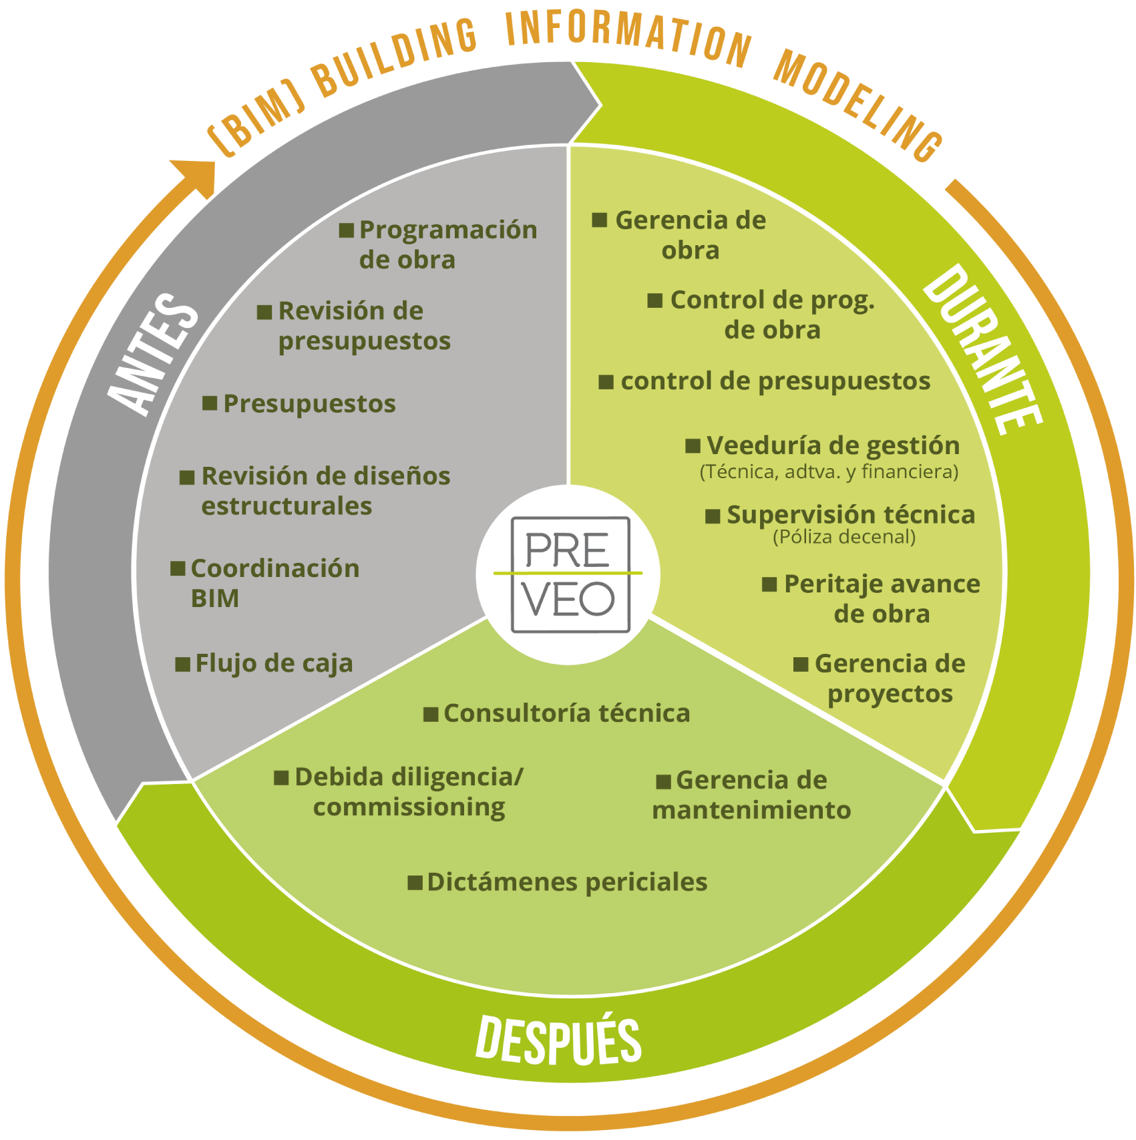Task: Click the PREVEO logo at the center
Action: pos(569,574)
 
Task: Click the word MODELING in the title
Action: pos(858,104)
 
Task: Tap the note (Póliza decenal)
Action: pos(844,537)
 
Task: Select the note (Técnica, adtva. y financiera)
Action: pos(829,472)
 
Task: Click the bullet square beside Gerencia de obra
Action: pos(600,220)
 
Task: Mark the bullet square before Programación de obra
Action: pos(346,230)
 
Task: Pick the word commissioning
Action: pos(409,807)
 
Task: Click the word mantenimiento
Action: pos(751,810)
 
